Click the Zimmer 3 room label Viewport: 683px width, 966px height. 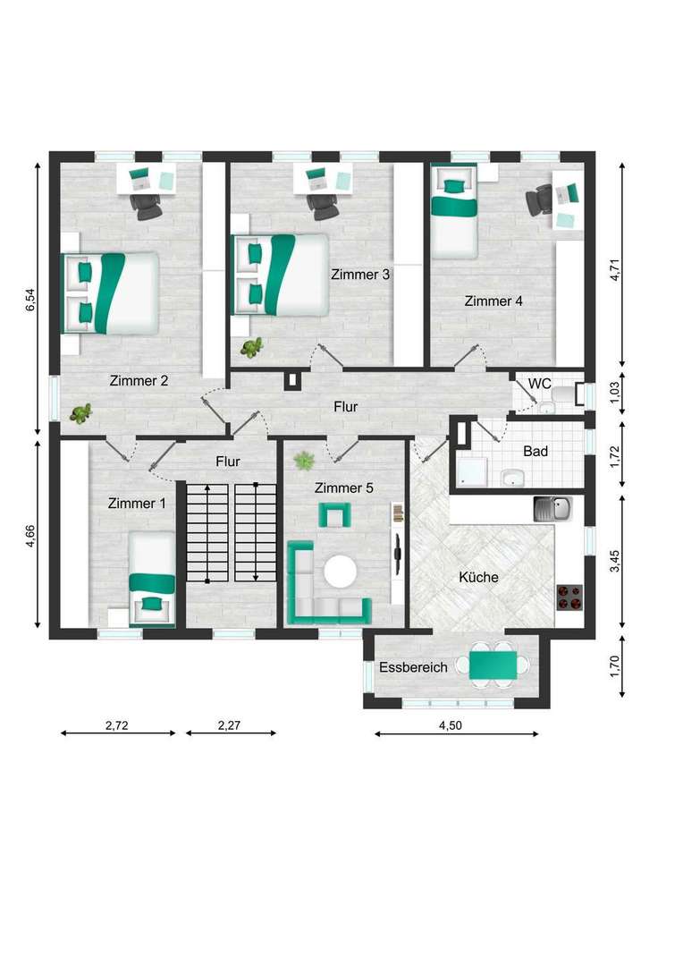pyautogui.click(x=360, y=275)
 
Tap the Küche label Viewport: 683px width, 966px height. pyautogui.click(x=478, y=577)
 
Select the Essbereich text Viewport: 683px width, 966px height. pyautogui.click(x=413, y=667)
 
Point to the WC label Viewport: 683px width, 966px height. pyautogui.click(x=539, y=384)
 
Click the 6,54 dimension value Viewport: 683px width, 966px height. pyautogui.click(x=30, y=300)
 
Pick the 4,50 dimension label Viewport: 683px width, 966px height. pyautogui.click(x=451, y=725)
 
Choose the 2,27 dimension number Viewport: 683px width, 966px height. pyautogui.click(x=229, y=725)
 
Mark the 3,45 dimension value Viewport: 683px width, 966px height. pyautogui.click(x=615, y=562)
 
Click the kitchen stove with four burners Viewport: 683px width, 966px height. pyautogui.click(x=569, y=597)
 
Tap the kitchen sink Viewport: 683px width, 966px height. pyautogui.click(x=553, y=510)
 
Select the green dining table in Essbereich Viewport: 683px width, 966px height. pyautogui.click(x=493, y=665)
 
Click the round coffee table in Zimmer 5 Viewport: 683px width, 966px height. pyautogui.click(x=340, y=572)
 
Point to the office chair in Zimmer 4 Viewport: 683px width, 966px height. pyautogui.click(x=539, y=199)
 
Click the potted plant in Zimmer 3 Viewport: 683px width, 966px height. pyautogui.click(x=251, y=348)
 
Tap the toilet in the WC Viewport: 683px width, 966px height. pyautogui.click(x=562, y=394)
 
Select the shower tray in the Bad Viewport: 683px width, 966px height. pyautogui.click(x=473, y=472)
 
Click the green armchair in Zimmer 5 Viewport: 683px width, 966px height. pyautogui.click(x=334, y=515)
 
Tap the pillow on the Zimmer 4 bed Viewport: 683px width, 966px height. pyautogui.click(x=454, y=185)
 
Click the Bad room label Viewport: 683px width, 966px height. pyautogui.click(x=535, y=451)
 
